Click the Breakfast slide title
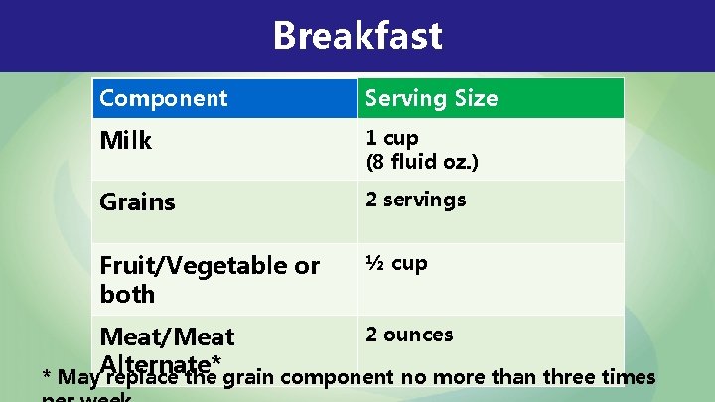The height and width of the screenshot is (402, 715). point(357,36)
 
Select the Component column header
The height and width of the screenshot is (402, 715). point(164,98)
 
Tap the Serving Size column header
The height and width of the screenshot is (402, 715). point(431,98)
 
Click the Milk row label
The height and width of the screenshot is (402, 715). point(126,141)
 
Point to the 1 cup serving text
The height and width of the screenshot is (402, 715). point(392,138)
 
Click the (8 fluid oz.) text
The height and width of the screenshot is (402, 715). point(422,161)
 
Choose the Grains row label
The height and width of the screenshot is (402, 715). point(137,202)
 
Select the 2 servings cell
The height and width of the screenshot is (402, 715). point(415,200)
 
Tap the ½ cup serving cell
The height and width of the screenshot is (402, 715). point(396,263)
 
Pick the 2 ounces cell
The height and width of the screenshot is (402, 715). point(409,335)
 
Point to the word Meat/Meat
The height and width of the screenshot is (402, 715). point(168,337)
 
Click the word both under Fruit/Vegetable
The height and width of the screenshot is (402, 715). point(127,295)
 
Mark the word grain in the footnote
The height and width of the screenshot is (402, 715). point(249,378)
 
